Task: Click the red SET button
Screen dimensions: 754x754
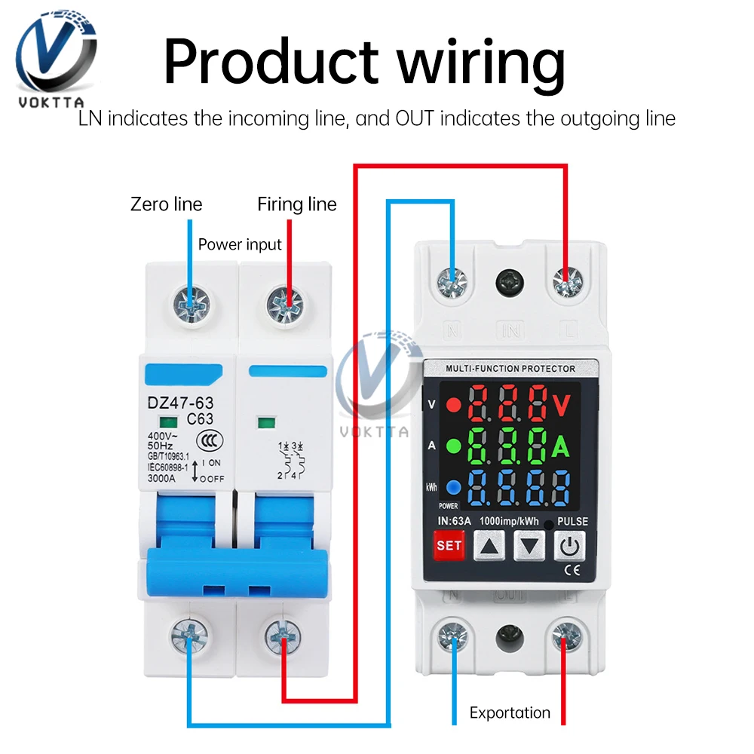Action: pyautogui.click(x=449, y=546)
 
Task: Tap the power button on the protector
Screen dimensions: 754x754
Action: pyautogui.click(x=570, y=546)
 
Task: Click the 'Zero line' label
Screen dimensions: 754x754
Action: pyautogui.click(x=167, y=204)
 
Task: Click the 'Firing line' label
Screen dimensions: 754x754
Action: pyautogui.click(x=297, y=204)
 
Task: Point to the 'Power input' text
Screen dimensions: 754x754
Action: pyautogui.click(x=240, y=244)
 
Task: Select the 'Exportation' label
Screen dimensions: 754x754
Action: pyautogui.click(x=510, y=713)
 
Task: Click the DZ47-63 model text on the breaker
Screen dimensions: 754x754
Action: pyautogui.click(x=180, y=403)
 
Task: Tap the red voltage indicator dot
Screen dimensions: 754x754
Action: pyautogui.click(x=453, y=404)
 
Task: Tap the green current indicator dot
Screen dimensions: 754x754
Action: pyautogui.click(x=453, y=446)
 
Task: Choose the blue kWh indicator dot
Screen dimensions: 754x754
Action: pyautogui.click(x=453, y=486)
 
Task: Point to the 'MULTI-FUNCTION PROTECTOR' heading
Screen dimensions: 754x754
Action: pyautogui.click(x=510, y=369)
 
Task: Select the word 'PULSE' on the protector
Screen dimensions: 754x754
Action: pyautogui.click(x=573, y=521)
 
